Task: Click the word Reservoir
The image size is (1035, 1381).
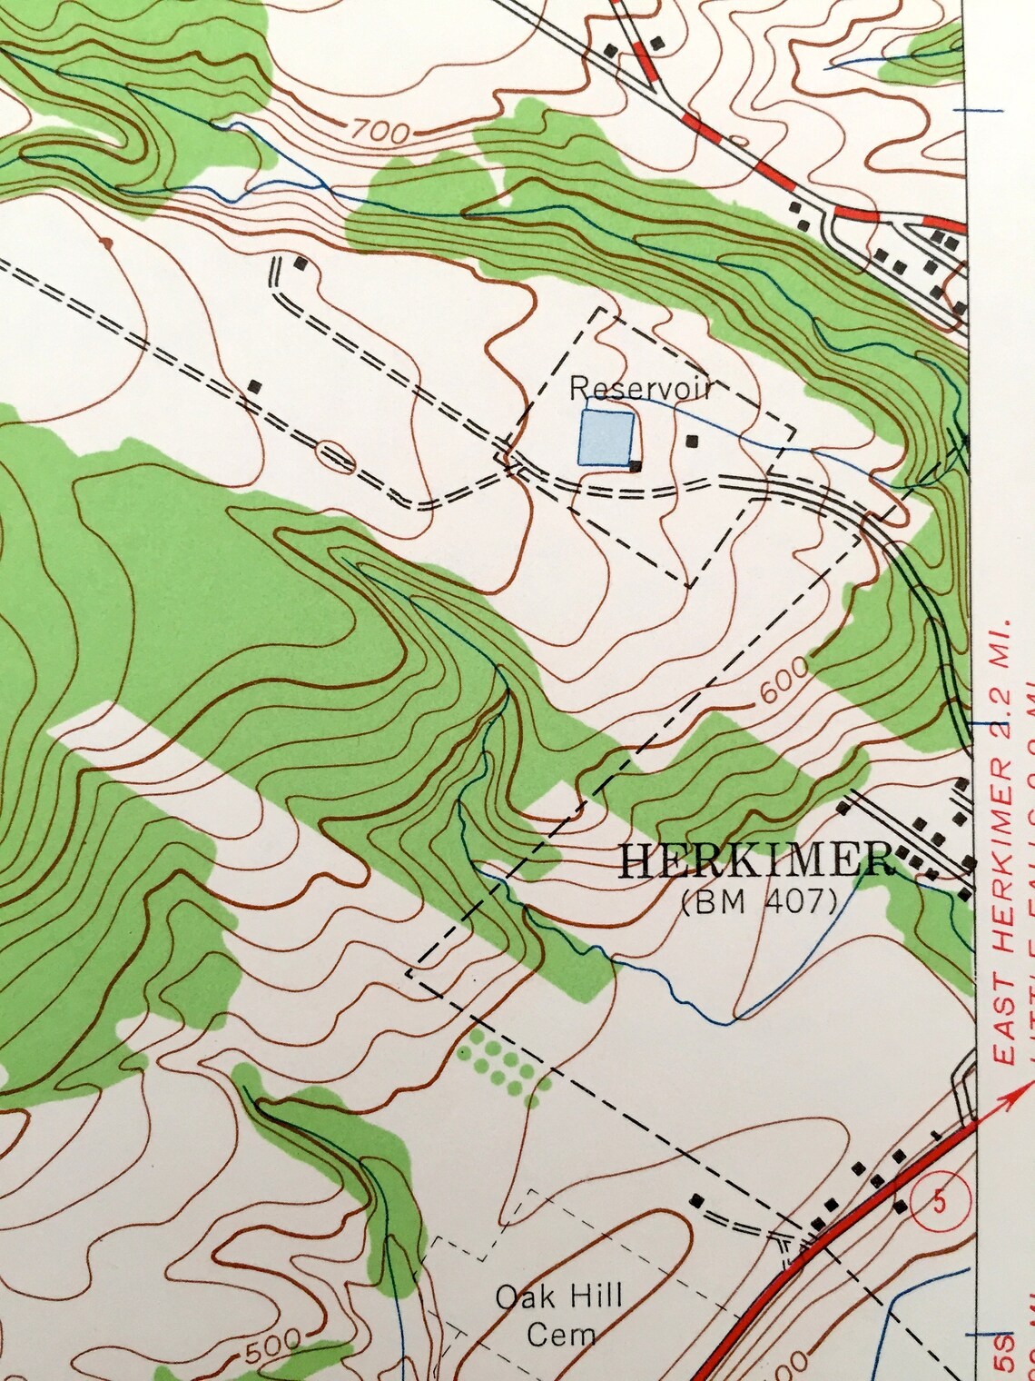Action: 639,389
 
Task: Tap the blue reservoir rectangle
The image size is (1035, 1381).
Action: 606,437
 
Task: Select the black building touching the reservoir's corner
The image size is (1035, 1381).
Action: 636,466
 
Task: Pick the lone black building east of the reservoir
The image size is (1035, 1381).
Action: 692,442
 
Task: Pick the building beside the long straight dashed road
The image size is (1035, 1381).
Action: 256,386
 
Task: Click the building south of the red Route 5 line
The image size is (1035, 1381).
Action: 900,1207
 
